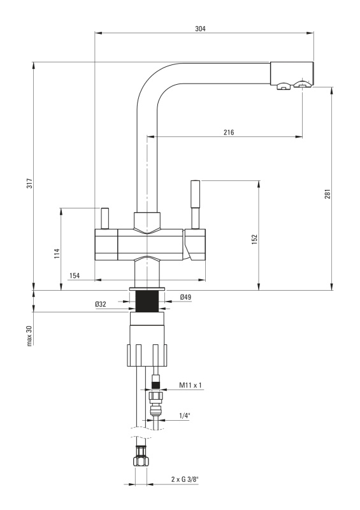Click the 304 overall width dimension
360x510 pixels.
click(x=200, y=29)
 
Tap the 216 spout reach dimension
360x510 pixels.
click(x=229, y=132)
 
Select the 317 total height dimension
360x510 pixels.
click(x=29, y=184)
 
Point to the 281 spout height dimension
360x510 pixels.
click(x=328, y=194)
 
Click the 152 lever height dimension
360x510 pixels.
click(x=255, y=238)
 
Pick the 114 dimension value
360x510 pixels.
click(x=57, y=253)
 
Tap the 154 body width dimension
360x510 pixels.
click(x=75, y=275)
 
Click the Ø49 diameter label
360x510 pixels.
click(x=185, y=296)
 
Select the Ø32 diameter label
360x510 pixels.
click(x=101, y=304)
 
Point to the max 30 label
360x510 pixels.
click(x=29, y=335)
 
